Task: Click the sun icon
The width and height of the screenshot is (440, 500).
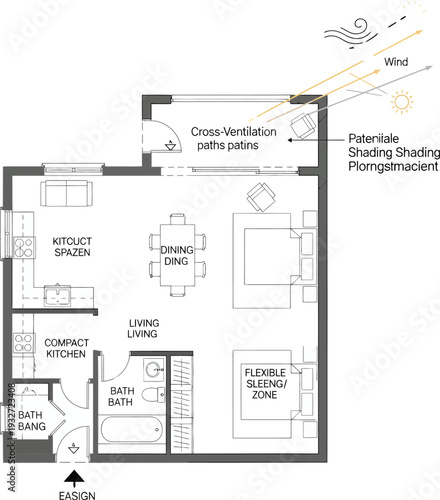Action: [403, 101]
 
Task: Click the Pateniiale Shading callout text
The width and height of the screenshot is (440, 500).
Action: [393, 151]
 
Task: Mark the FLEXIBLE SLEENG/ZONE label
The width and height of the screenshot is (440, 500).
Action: [266, 384]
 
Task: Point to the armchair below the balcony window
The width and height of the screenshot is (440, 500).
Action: [261, 197]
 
